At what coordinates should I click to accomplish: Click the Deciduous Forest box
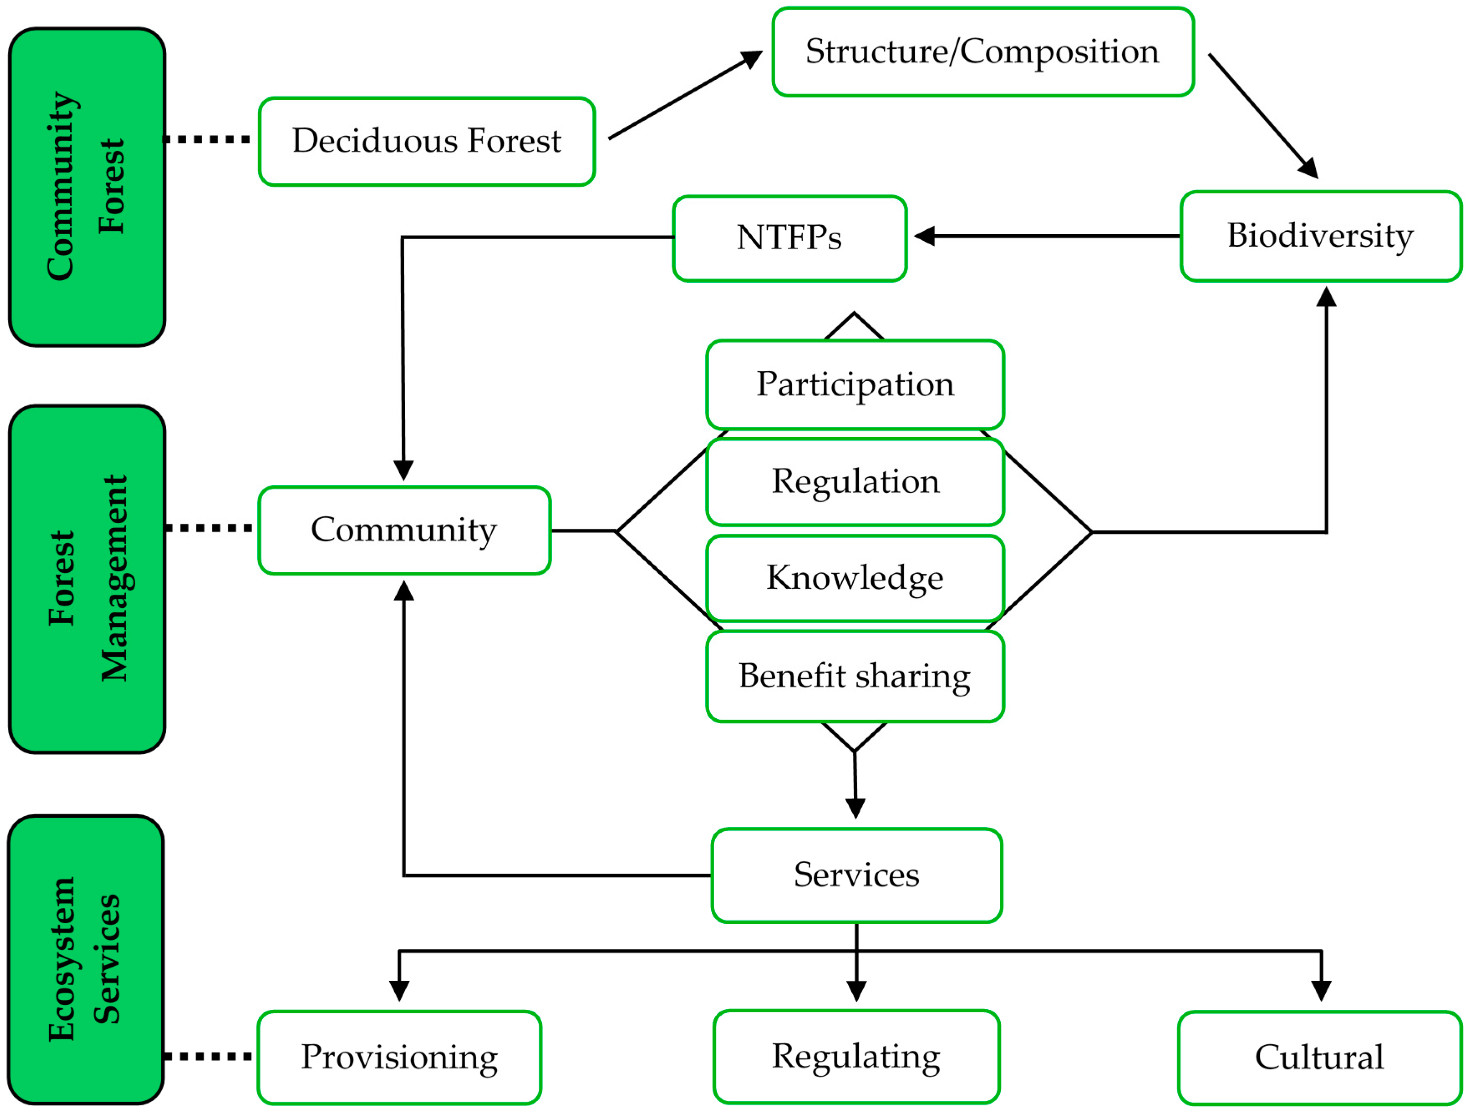(426, 142)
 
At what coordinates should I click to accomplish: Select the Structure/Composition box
(983, 52)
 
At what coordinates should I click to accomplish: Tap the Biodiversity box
(1320, 236)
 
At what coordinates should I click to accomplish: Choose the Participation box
(855, 385)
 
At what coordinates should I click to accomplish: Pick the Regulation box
(855, 481)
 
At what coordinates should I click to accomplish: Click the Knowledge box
(855, 578)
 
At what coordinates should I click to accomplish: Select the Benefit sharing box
(855, 676)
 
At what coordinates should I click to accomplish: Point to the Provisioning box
(399, 1057)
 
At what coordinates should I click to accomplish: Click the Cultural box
(1319, 1057)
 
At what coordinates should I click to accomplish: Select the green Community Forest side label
(86, 187)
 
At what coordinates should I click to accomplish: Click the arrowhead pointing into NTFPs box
(924, 236)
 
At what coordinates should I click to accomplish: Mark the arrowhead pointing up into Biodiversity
(1326, 297)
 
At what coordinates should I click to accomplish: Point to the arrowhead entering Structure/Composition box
(752, 58)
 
